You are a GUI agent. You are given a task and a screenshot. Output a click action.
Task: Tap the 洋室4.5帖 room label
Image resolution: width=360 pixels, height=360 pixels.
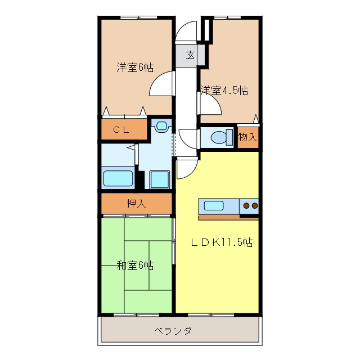[224, 90]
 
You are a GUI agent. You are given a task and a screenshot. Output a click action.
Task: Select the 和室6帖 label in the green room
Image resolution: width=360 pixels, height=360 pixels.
[135, 265]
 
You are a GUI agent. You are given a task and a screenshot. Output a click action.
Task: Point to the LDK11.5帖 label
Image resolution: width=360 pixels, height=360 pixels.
[220, 242]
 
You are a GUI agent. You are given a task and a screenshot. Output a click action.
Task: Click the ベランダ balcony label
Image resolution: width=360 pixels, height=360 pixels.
[173, 331]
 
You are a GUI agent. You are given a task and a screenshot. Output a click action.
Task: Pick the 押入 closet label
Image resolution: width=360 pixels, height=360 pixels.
[136, 204]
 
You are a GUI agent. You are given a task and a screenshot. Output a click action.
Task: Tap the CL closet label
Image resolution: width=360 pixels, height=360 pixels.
[121, 130]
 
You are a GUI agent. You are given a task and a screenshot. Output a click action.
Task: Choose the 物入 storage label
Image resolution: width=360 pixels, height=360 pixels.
[247, 137]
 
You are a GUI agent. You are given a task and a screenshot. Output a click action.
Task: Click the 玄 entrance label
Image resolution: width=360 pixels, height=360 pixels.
[190, 55]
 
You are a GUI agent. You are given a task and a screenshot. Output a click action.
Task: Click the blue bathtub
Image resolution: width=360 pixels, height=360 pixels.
[118, 178]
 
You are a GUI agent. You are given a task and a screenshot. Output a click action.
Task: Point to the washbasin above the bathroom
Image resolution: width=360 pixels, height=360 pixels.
[161, 127]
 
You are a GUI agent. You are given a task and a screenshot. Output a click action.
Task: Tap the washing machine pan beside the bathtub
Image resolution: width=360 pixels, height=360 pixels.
[160, 179]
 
